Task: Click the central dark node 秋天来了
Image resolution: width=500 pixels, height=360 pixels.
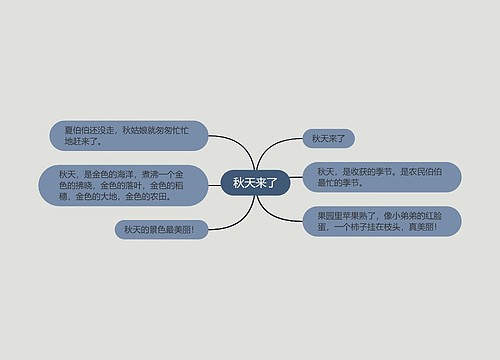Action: coord(255,183)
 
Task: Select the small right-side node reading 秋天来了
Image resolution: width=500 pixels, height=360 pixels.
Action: coord(329,139)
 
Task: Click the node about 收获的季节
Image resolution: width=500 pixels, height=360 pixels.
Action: coord(381,176)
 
